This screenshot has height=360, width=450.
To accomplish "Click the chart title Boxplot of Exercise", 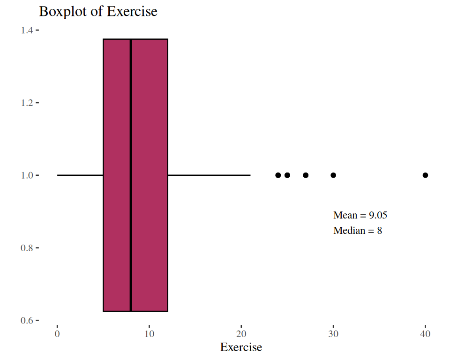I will click(x=98, y=11).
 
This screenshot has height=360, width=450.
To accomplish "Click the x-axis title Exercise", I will click(x=241, y=347).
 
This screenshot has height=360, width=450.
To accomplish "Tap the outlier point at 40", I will click(x=425, y=175).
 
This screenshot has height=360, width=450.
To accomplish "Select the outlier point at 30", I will click(x=333, y=175).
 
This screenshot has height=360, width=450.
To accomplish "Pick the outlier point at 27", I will click(x=306, y=175).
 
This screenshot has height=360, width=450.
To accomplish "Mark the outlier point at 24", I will click(x=278, y=175).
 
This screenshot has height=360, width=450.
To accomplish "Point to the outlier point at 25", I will click(x=287, y=175).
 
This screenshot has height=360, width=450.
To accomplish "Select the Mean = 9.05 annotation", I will click(x=360, y=216).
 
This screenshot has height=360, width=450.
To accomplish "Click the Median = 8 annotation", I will click(x=358, y=231).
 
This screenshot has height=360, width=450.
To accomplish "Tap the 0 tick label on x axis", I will click(x=57, y=334).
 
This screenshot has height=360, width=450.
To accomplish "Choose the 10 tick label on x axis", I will click(x=149, y=334).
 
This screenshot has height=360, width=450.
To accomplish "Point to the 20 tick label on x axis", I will click(x=241, y=334).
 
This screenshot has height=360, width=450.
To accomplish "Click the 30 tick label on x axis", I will click(x=333, y=334).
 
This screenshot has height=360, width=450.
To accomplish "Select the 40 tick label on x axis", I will click(x=425, y=334).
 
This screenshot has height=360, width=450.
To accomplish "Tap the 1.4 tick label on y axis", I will click(x=26, y=30).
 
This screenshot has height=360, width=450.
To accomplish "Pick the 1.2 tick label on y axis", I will click(x=26, y=103).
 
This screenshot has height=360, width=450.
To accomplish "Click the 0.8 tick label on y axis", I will click(x=26, y=248).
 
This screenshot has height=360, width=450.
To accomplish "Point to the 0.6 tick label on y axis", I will click(x=26, y=321).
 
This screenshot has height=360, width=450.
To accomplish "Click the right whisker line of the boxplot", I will click(x=209, y=175).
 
